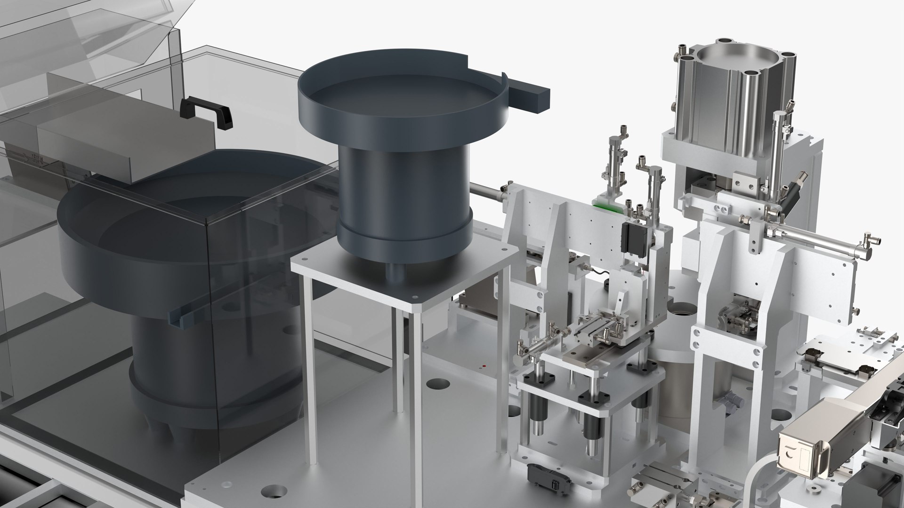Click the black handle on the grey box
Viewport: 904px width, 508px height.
pos(207,107)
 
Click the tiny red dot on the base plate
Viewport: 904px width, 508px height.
pos(484,365)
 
